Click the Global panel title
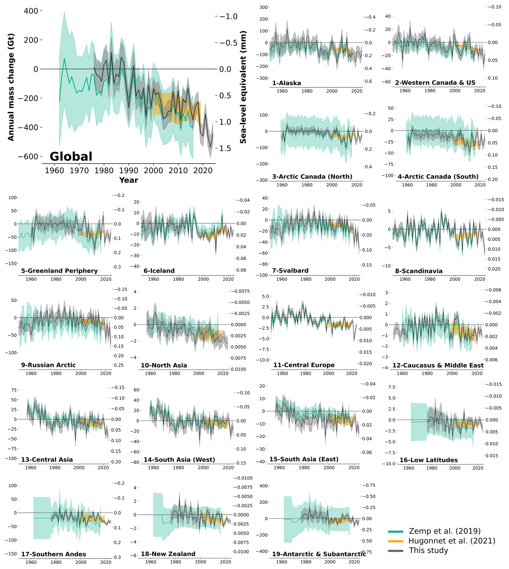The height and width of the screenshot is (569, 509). [71, 157]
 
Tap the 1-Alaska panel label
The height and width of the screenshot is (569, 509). [287, 83]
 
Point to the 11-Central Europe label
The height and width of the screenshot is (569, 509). [304, 365]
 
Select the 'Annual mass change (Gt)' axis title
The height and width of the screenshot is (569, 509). [11, 87]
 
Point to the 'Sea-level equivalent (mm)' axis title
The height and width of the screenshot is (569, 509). [243, 87]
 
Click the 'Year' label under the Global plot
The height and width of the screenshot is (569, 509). [128, 180]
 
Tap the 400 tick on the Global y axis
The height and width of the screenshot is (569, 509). [31, 11]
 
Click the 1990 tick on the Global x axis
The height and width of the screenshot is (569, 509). [129, 170]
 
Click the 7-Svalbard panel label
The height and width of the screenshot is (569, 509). [290, 271]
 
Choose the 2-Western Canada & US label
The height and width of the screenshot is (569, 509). [435, 83]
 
